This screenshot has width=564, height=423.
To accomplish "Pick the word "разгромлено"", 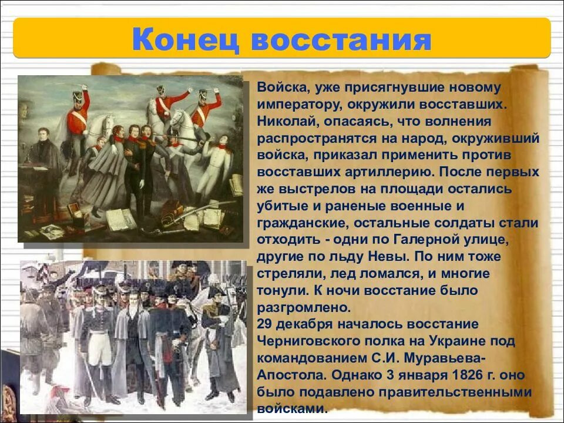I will [303, 307].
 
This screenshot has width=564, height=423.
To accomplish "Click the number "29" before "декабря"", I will [265, 324].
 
